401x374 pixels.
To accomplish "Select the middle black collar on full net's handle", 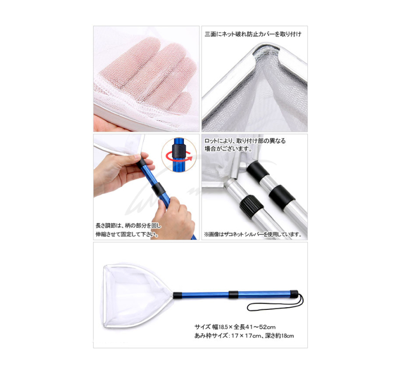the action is click(234, 294).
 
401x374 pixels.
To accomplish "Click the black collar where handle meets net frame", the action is click(178, 295).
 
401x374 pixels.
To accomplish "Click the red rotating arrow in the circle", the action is click(179, 157).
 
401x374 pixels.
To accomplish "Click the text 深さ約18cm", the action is click(280, 336).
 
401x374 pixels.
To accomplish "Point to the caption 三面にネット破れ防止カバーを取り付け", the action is click(253, 34).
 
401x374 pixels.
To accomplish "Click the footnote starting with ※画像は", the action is click(253, 234).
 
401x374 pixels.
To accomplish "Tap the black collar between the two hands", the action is click(159, 189).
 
